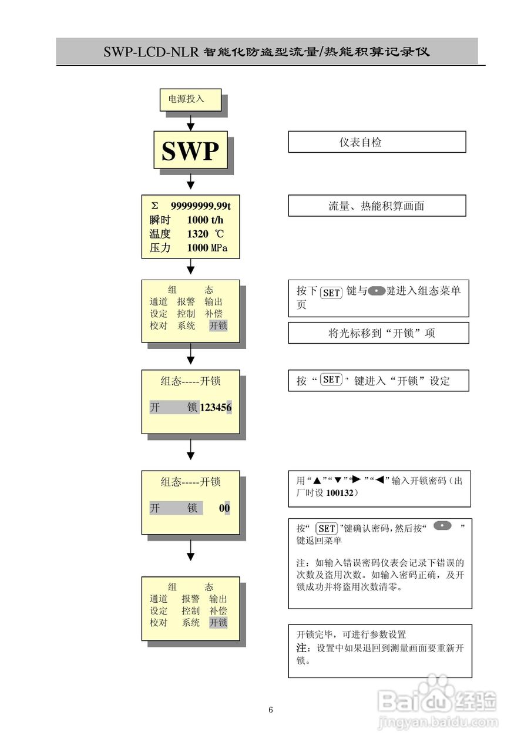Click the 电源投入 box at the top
click(x=190, y=99)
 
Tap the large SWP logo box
click(x=190, y=151)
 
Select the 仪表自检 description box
click(x=377, y=142)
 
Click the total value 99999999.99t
click(x=200, y=206)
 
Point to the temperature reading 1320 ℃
click(x=205, y=234)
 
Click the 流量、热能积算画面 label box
click(x=377, y=206)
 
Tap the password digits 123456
click(x=216, y=407)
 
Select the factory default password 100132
click(x=339, y=493)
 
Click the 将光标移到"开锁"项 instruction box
click(x=378, y=333)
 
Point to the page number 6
click(x=271, y=710)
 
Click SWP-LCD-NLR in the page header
click(x=152, y=52)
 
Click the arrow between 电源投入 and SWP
click(x=190, y=121)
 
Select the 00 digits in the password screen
click(x=224, y=508)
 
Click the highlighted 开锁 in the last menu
click(x=219, y=623)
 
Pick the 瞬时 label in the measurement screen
click(x=160, y=220)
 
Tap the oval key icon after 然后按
click(x=442, y=526)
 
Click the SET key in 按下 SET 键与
click(x=331, y=292)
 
